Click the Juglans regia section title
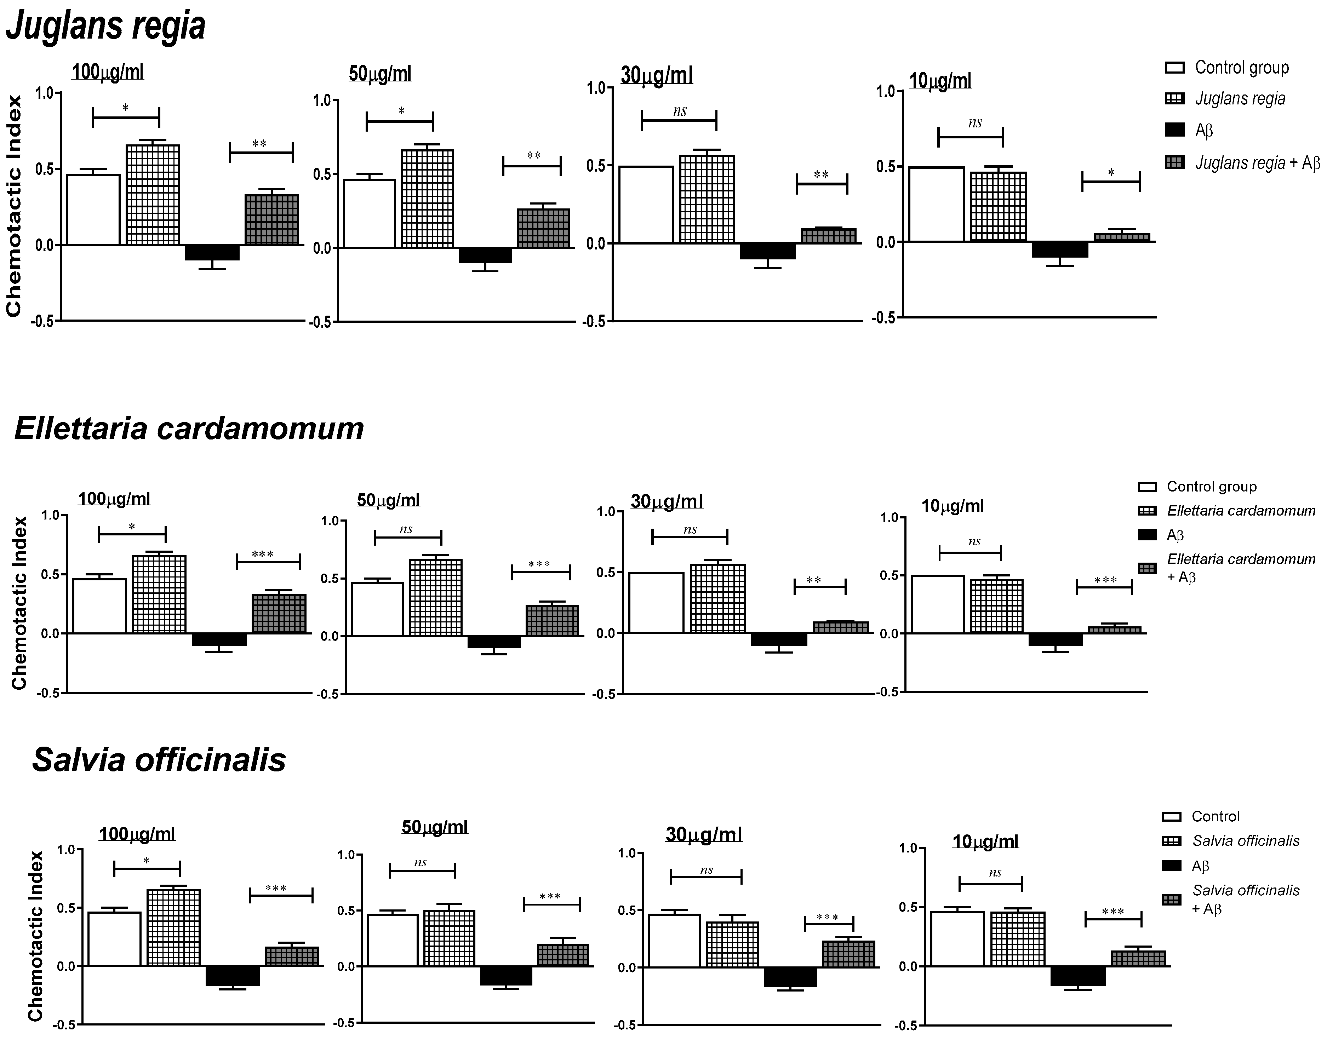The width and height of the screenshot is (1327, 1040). click(x=105, y=27)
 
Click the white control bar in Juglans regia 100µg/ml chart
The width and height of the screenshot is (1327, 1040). click(x=93, y=210)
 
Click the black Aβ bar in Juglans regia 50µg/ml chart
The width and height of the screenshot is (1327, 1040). click(x=485, y=254)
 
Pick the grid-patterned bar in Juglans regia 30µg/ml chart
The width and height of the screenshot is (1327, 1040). click(x=707, y=200)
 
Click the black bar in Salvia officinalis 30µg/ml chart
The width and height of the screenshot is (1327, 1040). click(x=790, y=976)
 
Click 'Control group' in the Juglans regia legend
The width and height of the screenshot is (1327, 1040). click(x=1241, y=68)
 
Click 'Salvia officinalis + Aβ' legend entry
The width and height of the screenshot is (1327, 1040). click(x=1245, y=900)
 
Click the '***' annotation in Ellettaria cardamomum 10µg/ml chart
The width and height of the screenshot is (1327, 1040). click(x=1105, y=580)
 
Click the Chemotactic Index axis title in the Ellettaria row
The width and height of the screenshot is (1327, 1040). click(x=19, y=603)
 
